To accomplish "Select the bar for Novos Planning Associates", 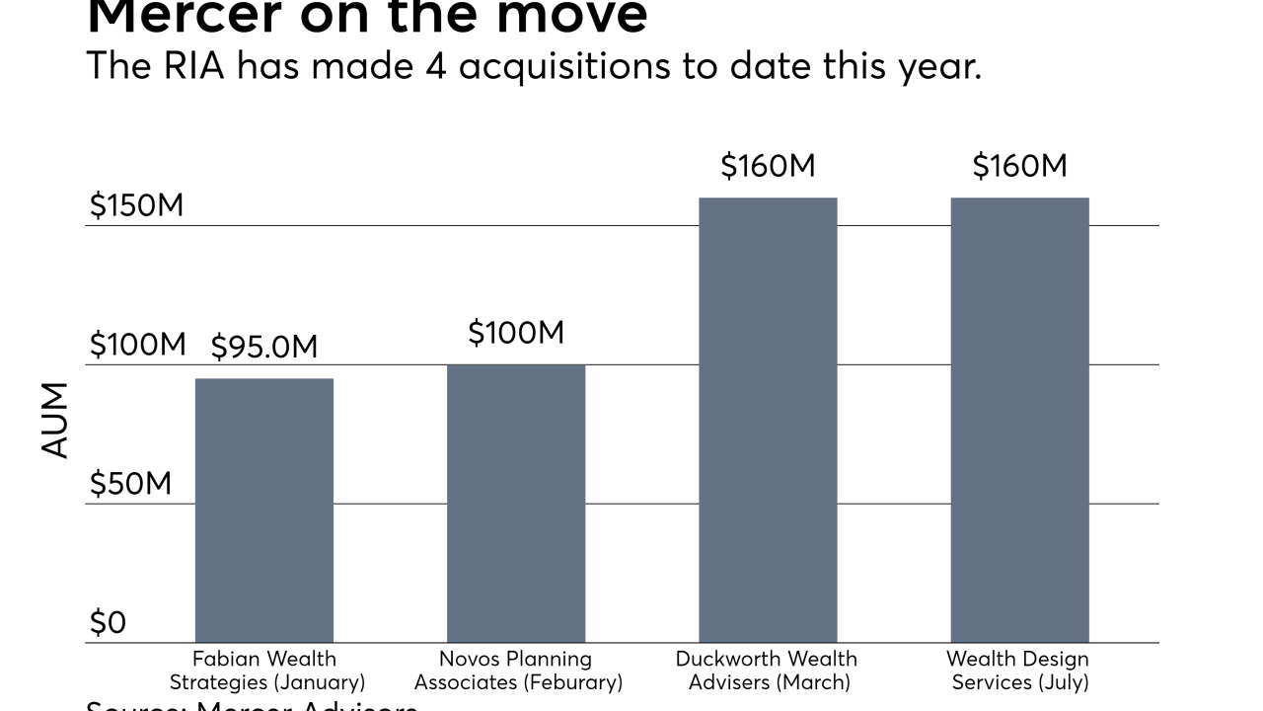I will coord(516,504).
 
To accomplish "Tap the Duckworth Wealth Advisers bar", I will coord(768,420).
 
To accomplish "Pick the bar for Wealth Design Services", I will coord(1019,420).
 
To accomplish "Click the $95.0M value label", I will coord(264,347).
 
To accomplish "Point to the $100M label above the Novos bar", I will coord(516,333).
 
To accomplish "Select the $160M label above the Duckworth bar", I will coord(768,166).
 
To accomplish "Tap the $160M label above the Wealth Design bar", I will coord(1019,166).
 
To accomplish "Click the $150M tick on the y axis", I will coord(136,205).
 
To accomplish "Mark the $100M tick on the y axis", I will coord(137,345).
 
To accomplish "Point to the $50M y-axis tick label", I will coord(130,484).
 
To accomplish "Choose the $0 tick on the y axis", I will coord(108,623).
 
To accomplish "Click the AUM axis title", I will coord(56,420).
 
